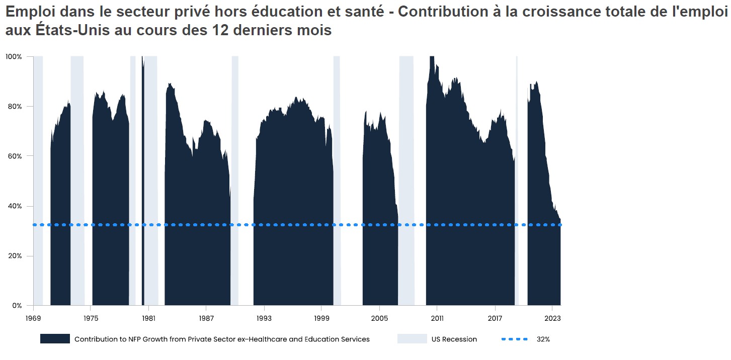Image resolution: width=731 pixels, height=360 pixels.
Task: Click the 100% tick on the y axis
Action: (14, 57)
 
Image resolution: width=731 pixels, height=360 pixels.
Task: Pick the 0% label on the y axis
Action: (16, 306)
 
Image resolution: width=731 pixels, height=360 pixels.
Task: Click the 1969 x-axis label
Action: (33, 318)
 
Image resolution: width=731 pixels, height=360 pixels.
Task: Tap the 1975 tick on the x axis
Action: (91, 318)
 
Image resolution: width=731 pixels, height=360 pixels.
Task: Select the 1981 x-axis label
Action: (148, 318)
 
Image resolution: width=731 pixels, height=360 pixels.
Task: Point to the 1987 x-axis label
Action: (206, 318)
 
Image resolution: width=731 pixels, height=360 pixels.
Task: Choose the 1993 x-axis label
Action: (264, 318)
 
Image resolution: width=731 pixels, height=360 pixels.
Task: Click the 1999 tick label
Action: (322, 318)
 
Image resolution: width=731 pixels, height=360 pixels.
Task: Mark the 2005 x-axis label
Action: (379, 318)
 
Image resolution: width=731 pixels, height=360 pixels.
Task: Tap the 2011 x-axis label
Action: (437, 318)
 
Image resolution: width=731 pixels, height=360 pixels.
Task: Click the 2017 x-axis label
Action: (495, 318)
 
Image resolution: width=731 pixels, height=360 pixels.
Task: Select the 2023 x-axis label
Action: (552, 318)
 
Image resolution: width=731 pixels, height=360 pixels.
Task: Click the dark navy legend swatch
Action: (55, 339)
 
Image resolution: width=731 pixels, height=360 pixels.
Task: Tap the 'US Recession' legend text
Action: (454, 339)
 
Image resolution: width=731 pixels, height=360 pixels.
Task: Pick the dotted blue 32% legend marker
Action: (515, 339)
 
